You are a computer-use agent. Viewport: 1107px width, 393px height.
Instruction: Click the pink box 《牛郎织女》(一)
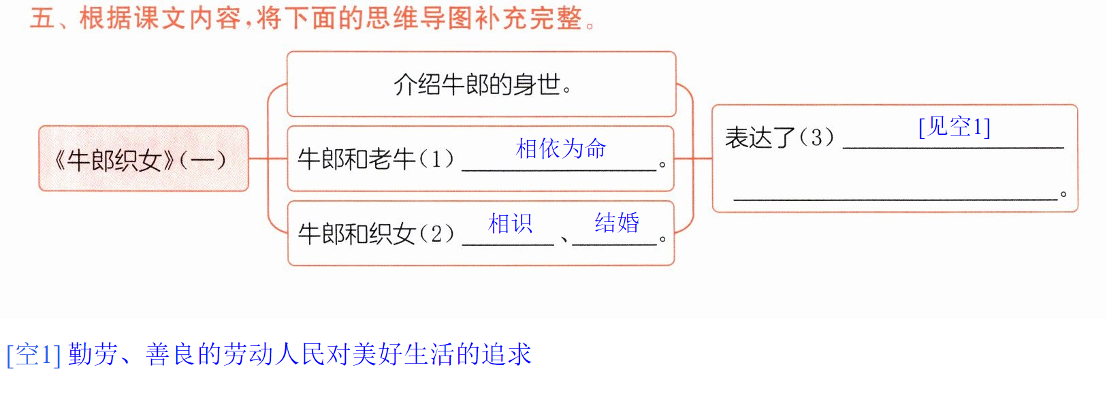pos(144,159)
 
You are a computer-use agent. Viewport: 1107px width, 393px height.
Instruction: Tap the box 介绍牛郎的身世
pos(481,84)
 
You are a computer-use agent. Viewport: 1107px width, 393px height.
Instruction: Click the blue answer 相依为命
pos(560,148)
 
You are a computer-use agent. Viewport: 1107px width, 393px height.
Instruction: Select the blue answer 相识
pos(510,223)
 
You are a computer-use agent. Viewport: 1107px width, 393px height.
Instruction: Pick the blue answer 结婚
pos(617,223)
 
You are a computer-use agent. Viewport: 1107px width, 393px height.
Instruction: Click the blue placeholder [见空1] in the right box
pos(954,127)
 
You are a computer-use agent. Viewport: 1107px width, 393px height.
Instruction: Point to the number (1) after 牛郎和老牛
pos(436,159)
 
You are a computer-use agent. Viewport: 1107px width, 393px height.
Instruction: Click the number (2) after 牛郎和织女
pos(436,234)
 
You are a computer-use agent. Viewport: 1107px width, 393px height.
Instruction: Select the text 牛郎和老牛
pos(356,159)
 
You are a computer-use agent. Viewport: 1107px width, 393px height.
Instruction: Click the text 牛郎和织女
pos(356,234)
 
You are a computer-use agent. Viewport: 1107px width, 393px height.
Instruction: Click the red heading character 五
pos(42,19)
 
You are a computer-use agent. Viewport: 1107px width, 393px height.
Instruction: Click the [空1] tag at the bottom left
pos(33,354)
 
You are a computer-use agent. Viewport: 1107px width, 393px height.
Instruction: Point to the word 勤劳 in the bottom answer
pos(93,354)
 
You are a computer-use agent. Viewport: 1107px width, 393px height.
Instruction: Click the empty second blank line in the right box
pos(895,199)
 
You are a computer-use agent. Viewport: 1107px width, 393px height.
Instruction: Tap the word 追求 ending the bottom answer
pos(507,354)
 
